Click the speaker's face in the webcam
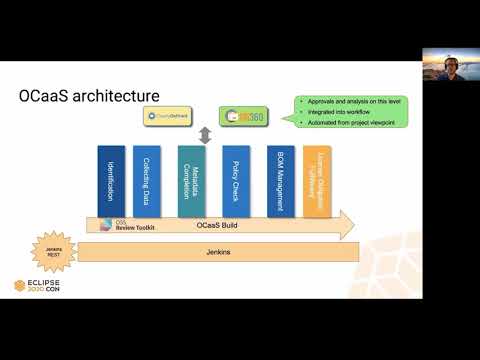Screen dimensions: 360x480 [x=448, y=60]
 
